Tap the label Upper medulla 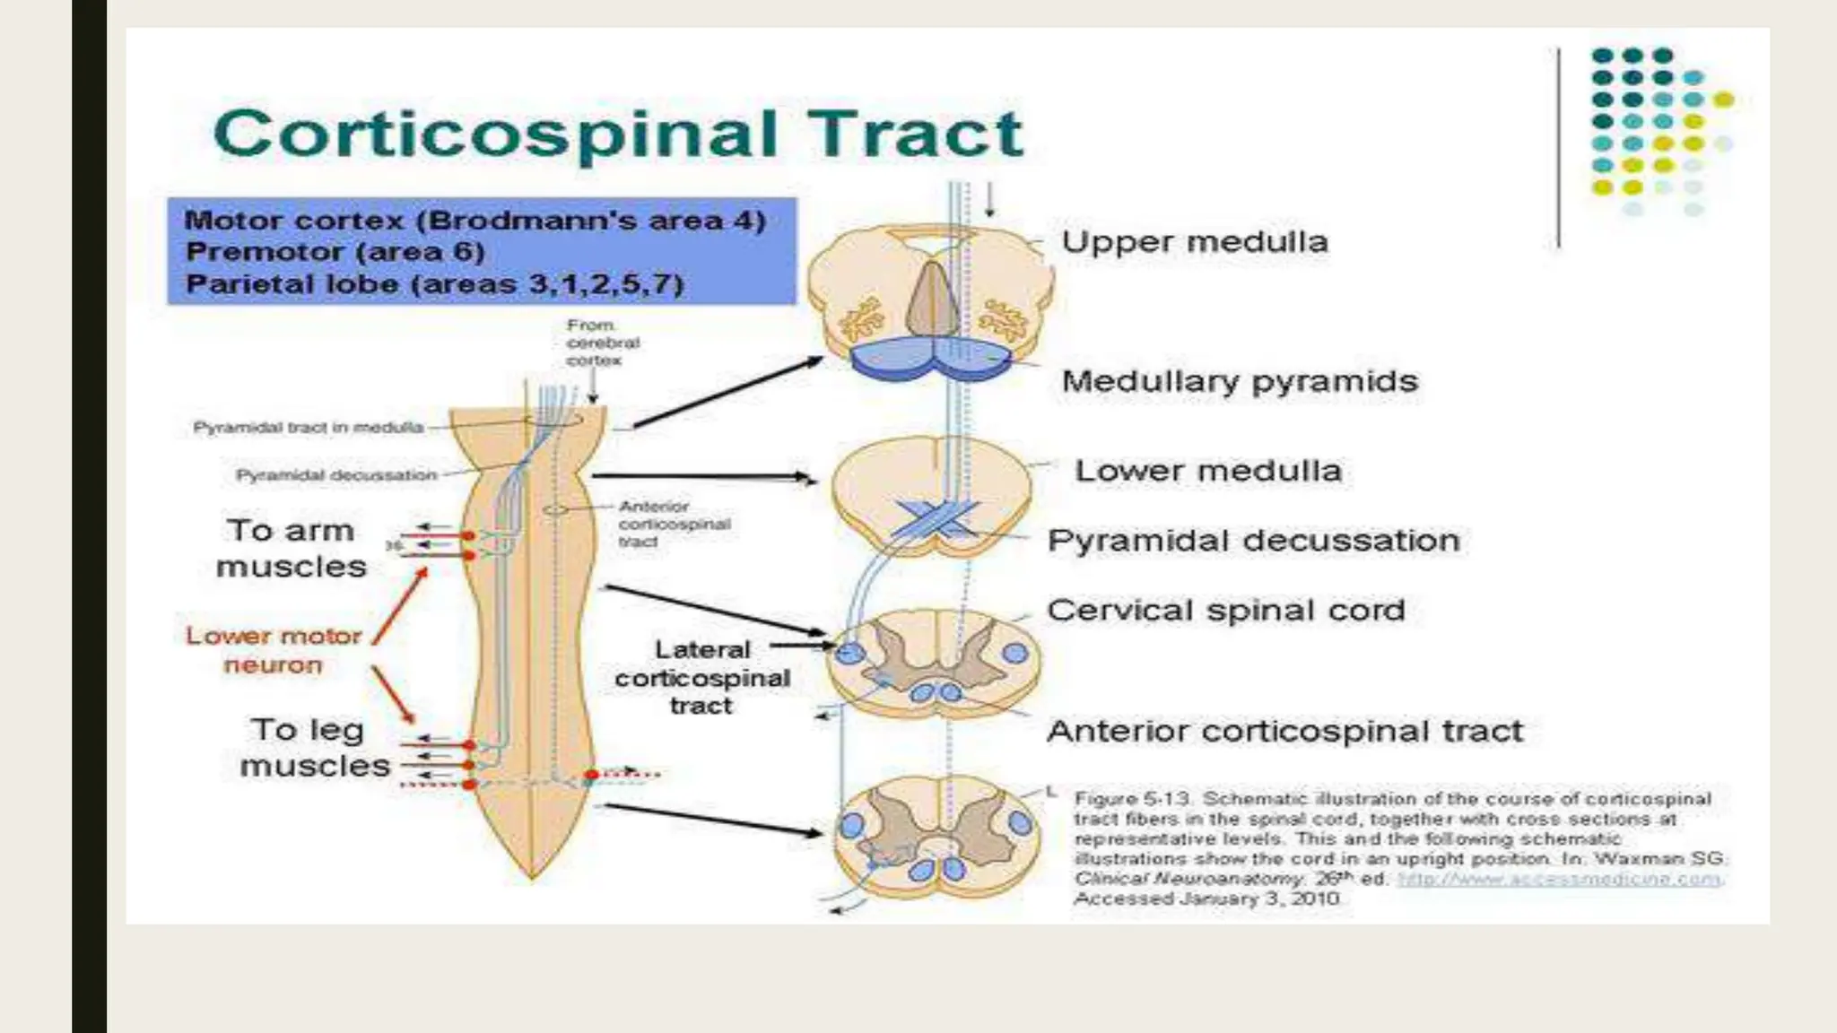pyautogui.click(x=1194, y=242)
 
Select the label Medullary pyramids pyautogui.click(x=1240, y=382)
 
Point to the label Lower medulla pyautogui.click(x=1207, y=472)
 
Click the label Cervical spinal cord pyautogui.click(x=1225, y=612)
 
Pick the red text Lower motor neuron pyautogui.click(x=274, y=650)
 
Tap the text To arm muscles pyautogui.click(x=291, y=549)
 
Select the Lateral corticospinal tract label pyautogui.click(x=702, y=678)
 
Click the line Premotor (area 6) pyautogui.click(x=335, y=252)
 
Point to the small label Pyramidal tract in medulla pyautogui.click(x=308, y=428)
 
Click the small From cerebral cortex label pyautogui.click(x=602, y=343)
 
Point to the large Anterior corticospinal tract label pyautogui.click(x=1284, y=732)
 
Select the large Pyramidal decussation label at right pyautogui.click(x=1253, y=542)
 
